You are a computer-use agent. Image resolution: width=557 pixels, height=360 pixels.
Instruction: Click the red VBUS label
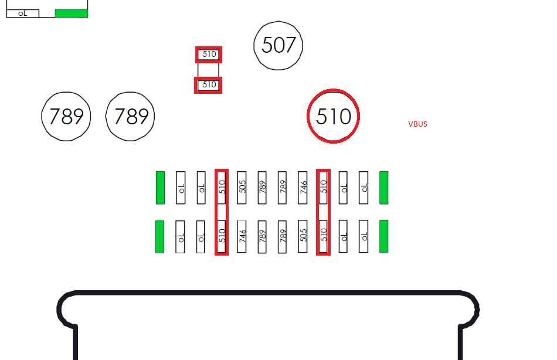pos(417,124)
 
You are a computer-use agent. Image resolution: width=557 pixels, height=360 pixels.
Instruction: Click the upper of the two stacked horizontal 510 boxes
pos(209,55)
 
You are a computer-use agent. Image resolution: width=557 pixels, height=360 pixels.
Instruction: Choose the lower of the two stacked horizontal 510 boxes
pos(208,85)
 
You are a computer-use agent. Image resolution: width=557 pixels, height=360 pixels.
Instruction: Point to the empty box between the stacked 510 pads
pos(209,70)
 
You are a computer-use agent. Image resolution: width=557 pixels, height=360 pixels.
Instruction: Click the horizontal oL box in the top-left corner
pos(23,13)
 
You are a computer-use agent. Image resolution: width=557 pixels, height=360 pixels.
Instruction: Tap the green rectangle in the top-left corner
pos(72,13)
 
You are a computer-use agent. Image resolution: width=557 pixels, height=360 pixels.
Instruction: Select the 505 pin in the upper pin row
pos(242,188)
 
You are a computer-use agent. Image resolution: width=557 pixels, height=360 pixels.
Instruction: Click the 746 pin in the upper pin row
pos(303,188)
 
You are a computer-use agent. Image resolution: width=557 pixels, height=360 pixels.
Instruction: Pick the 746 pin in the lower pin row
pos(242,237)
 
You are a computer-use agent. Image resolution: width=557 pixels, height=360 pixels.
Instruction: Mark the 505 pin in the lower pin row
pos(303,237)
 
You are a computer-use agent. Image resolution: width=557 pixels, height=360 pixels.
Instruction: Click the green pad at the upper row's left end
pos(160,188)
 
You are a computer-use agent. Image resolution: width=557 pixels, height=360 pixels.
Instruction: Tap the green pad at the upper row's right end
pos(383,188)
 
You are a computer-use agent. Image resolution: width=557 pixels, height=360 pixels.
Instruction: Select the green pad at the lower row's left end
pos(160,237)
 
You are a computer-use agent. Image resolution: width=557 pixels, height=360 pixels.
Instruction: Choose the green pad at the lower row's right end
pos(383,237)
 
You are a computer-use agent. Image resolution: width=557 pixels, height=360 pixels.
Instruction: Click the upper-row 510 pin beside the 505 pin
pos(222,188)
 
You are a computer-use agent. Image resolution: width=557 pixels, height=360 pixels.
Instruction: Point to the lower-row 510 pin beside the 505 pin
pos(323,237)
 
